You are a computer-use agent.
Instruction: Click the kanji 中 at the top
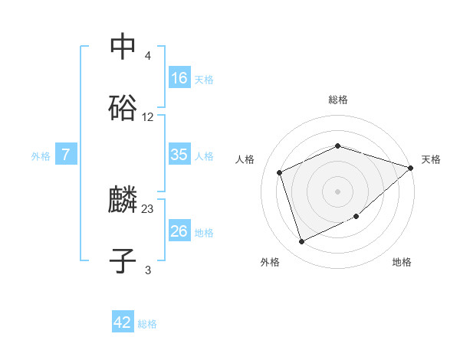tap(123, 46)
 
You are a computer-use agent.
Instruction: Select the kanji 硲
tap(123, 107)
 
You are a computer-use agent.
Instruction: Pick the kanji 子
tap(123, 261)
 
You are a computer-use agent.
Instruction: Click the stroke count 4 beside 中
tap(147, 56)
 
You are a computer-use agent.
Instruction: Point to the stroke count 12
tap(148, 117)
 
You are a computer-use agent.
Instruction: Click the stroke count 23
tap(148, 208)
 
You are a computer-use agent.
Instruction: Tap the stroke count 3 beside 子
tap(148, 270)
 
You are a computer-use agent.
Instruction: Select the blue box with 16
tap(179, 78)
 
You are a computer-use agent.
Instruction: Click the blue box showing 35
tap(179, 155)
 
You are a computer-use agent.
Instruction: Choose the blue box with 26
tap(179, 231)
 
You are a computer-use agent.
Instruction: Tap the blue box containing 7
tap(66, 155)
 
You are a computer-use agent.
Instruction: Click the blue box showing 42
tap(123, 322)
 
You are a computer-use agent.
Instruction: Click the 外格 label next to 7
tap(41, 156)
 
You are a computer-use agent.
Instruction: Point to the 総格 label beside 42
tap(147, 324)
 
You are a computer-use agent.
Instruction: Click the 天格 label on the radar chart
tap(431, 159)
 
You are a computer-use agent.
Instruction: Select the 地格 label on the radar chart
tap(402, 263)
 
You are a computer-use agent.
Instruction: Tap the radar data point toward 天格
tap(410, 168)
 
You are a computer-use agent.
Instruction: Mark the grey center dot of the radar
tap(337, 191)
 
